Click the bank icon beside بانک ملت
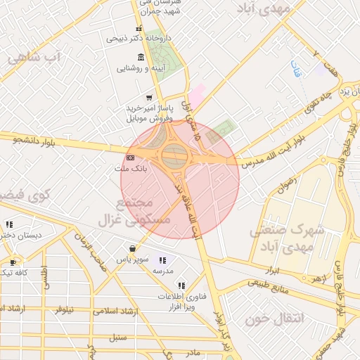[x=130, y=157]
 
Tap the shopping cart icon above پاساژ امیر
[x=148, y=98]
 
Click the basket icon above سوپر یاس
[x=132, y=248]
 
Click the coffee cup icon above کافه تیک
[x=9, y=261]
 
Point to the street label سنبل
[x=117, y=337]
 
